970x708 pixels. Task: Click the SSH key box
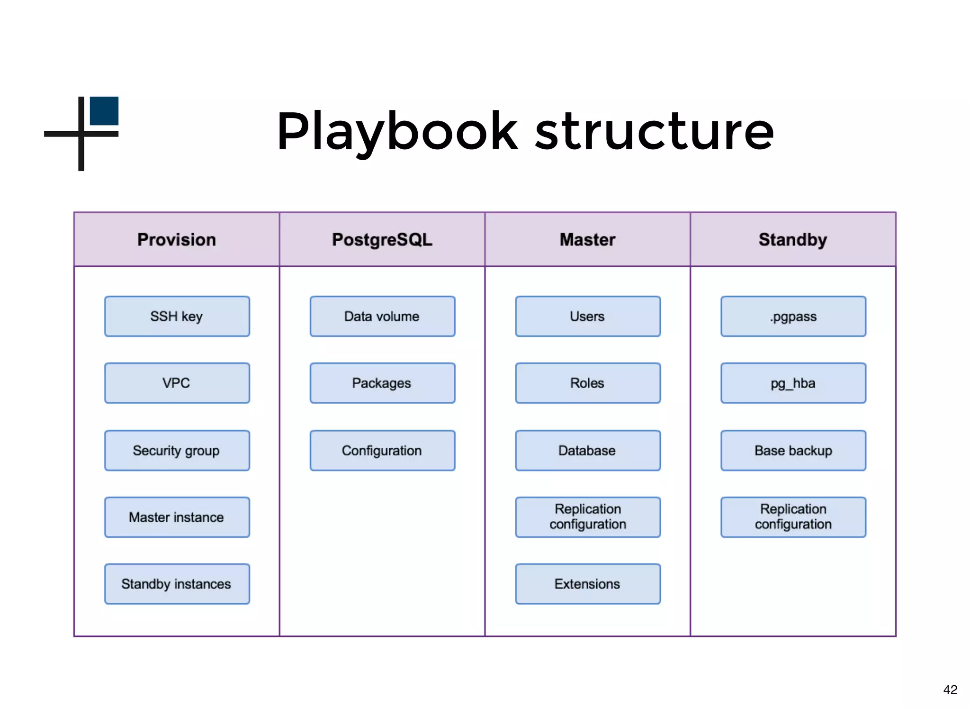(177, 317)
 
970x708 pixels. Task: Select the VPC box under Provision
(177, 383)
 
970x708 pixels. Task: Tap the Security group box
(177, 450)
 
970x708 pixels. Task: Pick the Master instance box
(177, 517)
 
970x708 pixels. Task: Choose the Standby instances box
(177, 584)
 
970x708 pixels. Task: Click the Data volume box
(382, 317)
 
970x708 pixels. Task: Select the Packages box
(382, 383)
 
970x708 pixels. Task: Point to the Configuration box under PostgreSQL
(382, 450)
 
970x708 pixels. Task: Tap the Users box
(588, 317)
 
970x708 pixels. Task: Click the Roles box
(588, 383)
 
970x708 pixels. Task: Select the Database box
(588, 450)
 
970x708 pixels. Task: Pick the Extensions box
(588, 584)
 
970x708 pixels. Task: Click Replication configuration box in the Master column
(588, 517)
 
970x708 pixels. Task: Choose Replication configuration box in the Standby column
(793, 517)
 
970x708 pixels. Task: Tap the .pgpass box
(793, 317)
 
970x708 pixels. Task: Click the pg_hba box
(793, 383)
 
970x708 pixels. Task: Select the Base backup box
(793, 450)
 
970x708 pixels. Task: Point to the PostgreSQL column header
(382, 240)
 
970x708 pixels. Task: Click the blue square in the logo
(104, 111)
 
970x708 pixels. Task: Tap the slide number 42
(950, 690)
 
